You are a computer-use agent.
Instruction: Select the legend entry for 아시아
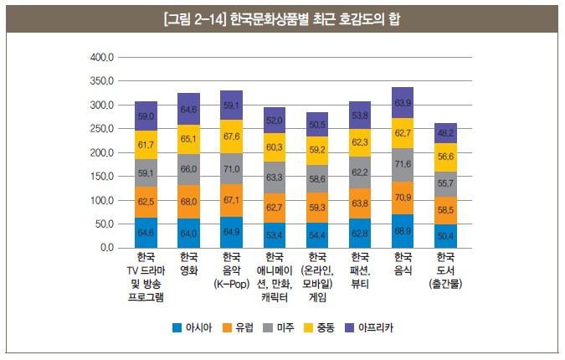pos(195,327)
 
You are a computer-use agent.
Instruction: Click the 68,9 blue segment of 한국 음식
pos(403,230)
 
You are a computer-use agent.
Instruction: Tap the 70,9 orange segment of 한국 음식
pos(403,198)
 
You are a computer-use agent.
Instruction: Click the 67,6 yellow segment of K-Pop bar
pos(232,136)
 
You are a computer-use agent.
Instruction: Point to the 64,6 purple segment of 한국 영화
pos(189,109)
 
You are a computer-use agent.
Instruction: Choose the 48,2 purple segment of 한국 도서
pos(446,132)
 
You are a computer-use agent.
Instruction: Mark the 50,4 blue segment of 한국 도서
pos(446,236)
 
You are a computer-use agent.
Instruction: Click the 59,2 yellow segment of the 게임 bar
pos(317,149)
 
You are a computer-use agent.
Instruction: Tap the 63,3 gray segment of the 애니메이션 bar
pos(275,177)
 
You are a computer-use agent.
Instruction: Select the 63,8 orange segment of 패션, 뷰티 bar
pos(361,202)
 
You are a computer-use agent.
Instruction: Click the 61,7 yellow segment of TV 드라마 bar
pos(146,145)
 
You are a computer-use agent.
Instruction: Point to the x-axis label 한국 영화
pos(189,263)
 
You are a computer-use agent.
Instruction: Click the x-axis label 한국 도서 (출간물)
pos(446,270)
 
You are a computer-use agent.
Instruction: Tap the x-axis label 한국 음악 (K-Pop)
pos(232,270)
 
